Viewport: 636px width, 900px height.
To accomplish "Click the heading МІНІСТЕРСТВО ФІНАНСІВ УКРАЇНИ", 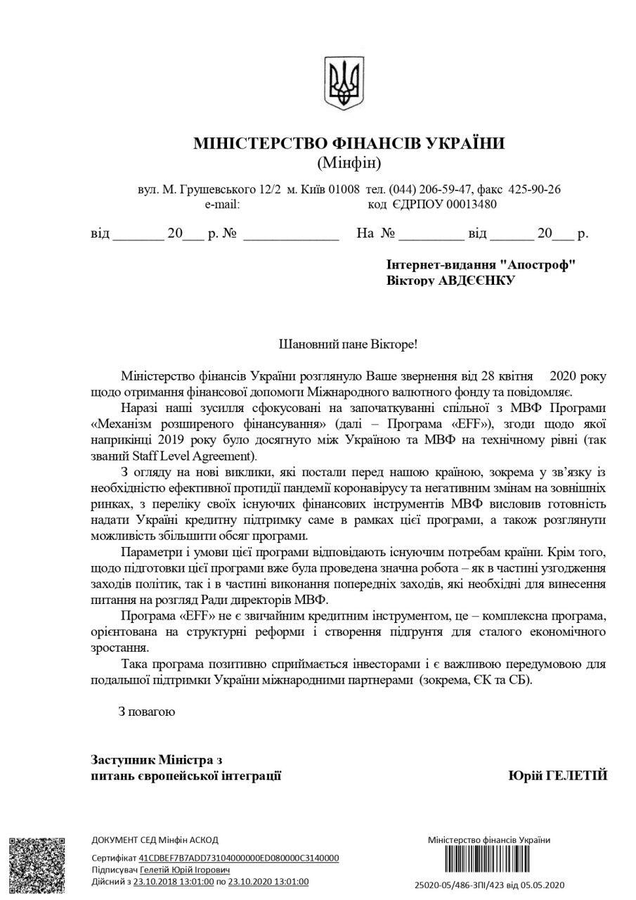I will click(349, 144).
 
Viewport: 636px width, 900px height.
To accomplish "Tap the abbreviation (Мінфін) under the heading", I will click(349, 165).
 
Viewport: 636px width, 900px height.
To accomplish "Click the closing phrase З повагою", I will click(146, 711).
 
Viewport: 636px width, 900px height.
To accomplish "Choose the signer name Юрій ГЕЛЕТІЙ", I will click(557, 776).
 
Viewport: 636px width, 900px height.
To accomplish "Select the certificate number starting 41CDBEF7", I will click(239, 859).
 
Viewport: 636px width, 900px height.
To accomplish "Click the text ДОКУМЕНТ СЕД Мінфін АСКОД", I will click(155, 840).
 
